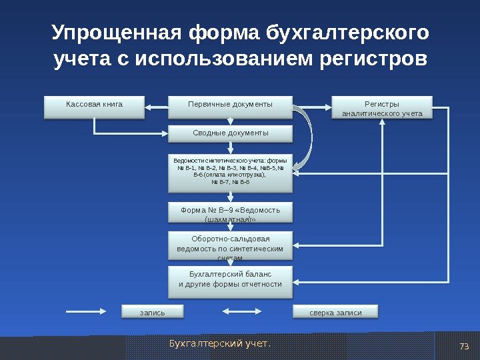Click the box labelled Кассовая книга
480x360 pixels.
point(94,107)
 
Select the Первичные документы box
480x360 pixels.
point(230,107)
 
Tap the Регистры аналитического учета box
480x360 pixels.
point(382,109)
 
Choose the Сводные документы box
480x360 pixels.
point(230,134)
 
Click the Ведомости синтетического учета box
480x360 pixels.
point(230,171)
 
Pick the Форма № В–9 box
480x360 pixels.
point(230,213)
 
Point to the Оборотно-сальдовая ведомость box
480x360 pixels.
point(230,246)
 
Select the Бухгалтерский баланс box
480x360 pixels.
point(230,281)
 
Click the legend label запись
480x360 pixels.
point(152,312)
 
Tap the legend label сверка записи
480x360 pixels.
point(335,312)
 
